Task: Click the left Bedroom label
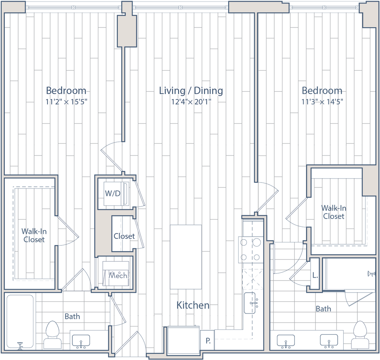pyautogui.click(x=66, y=91)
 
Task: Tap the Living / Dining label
pyautogui.click(x=191, y=91)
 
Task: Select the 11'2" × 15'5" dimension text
pyautogui.click(x=66, y=102)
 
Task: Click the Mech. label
pyautogui.click(x=119, y=276)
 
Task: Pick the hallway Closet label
pyautogui.click(x=124, y=236)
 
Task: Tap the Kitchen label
pyautogui.click(x=193, y=305)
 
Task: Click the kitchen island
pyautogui.click(x=186, y=256)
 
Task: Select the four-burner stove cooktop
pyautogui.click(x=251, y=249)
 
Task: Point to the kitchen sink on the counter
pyautogui.click(x=253, y=302)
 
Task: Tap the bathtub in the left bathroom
pyautogui.click(x=21, y=321)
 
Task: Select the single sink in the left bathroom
pyautogui.click(x=80, y=340)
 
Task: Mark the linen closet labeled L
pyautogui.click(x=315, y=275)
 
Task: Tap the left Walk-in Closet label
pyautogui.click(x=34, y=235)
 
